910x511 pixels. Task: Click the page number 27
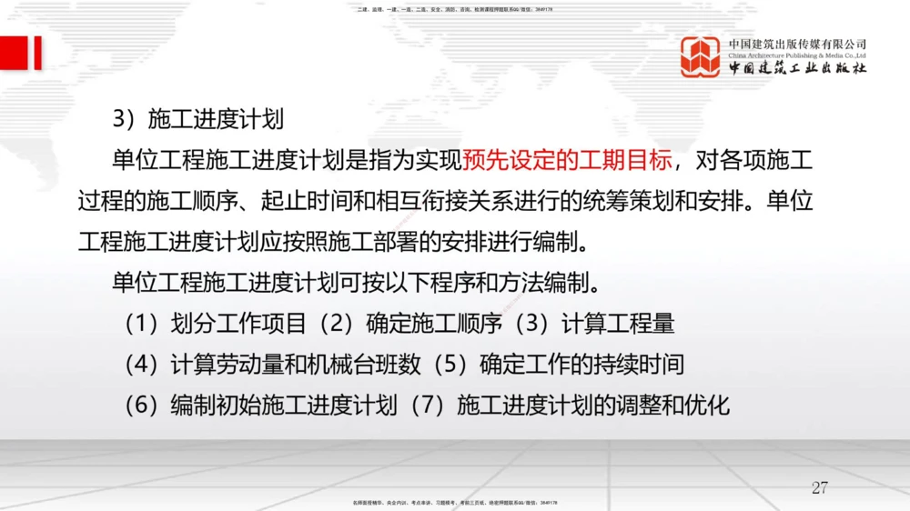819,488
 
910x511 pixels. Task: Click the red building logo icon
701,56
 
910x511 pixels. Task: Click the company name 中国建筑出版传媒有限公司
797,44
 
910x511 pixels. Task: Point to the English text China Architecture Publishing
783,55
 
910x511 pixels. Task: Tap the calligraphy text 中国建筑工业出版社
797,69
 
